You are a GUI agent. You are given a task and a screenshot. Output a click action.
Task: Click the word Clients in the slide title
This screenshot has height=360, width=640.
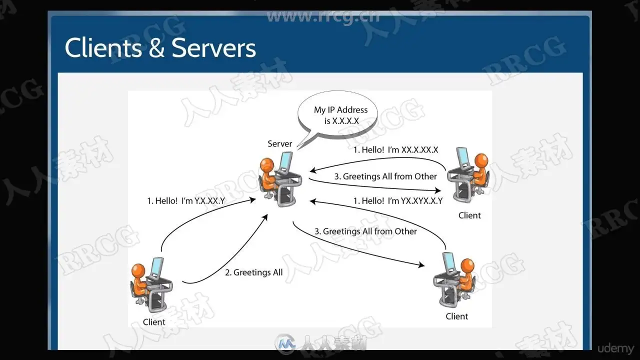click(x=103, y=48)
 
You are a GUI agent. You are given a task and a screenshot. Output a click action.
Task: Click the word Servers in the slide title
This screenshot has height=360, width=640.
click(x=213, y=48)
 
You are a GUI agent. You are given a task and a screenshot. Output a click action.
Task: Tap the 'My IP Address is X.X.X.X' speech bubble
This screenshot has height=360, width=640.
click(x=337, y=116)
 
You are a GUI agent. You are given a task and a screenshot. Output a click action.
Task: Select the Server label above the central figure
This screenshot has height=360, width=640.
click(x=279, y=144)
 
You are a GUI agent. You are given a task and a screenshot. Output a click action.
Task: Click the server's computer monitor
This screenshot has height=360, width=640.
click(x=285, y=161)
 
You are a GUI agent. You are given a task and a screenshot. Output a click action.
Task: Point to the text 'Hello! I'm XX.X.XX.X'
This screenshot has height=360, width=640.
click(x=396, y=149)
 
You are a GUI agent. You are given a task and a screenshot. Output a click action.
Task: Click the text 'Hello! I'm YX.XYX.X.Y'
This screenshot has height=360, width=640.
click(x=398, y=201)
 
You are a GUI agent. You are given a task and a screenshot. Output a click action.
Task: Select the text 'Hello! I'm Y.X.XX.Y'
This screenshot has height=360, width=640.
click(x=186, y=201)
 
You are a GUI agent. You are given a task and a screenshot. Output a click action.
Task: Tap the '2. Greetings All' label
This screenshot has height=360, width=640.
click(x=253, y=272)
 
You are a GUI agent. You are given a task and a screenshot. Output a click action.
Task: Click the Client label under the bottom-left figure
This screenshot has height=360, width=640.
click(x=154, y=322)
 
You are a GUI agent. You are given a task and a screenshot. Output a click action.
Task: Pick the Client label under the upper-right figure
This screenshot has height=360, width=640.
click(x=469, y=215)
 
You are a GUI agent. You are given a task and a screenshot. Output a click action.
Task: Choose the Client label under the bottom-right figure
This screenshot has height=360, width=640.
click(x=457, y=316)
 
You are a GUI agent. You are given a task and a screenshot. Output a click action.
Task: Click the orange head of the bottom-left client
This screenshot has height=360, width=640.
click(x=138, y=270)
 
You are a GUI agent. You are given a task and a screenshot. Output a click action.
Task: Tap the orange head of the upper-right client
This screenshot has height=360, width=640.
click(x=481, y=160)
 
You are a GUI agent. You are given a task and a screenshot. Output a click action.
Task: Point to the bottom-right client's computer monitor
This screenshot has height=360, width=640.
click(x=448, y=261)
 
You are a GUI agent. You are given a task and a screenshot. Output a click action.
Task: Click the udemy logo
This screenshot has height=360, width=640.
click(x=615, y=348)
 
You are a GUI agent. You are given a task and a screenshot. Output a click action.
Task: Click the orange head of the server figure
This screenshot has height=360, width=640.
click(x=267, y=164)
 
